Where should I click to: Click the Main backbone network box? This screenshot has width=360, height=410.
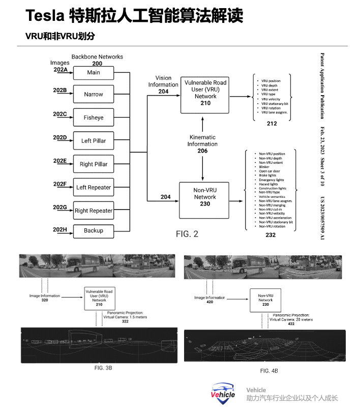[94, 73]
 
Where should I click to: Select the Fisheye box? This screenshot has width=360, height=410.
[94, 118]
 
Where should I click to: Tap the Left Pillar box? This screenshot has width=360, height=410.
[94, 141]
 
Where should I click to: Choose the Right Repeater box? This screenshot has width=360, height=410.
[94, 211]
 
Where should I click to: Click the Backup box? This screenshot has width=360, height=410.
[94, 230]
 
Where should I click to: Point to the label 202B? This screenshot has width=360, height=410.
[60, 91]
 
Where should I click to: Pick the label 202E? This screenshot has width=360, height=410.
[60, 161]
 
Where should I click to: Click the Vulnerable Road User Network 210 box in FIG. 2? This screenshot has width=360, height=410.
[205, 93]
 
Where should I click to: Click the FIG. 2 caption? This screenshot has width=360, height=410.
[187, 234]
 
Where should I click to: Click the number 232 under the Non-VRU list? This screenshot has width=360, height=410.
[271, 235]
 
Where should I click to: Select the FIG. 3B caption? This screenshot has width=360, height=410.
[103, 368]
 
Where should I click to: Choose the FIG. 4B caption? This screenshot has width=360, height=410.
[269, 371]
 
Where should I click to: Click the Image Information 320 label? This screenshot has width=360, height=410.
[44, 298]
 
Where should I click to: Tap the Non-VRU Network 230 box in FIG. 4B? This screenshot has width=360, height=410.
[265, 300]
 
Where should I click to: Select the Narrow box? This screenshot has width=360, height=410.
[94, 94]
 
